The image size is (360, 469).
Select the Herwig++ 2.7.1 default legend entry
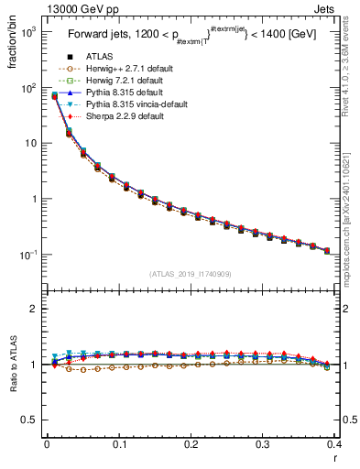[x=121, y=69]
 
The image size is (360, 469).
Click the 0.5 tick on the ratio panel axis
[x=33, y=420]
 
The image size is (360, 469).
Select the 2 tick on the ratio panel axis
[x=36, y=309]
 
